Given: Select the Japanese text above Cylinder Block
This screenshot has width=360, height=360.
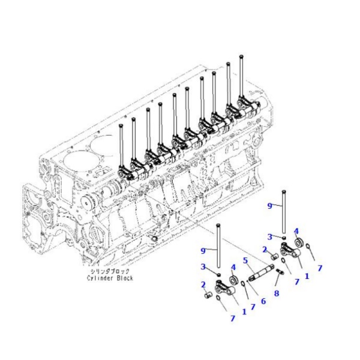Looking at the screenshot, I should [109, 271].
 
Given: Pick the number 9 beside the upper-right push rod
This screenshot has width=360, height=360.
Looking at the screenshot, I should [269, 206].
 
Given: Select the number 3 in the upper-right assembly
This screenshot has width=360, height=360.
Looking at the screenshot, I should [269, 236].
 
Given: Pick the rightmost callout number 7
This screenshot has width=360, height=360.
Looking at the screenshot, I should [320, 268].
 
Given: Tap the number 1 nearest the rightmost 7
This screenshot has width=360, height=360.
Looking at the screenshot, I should [307, 277].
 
